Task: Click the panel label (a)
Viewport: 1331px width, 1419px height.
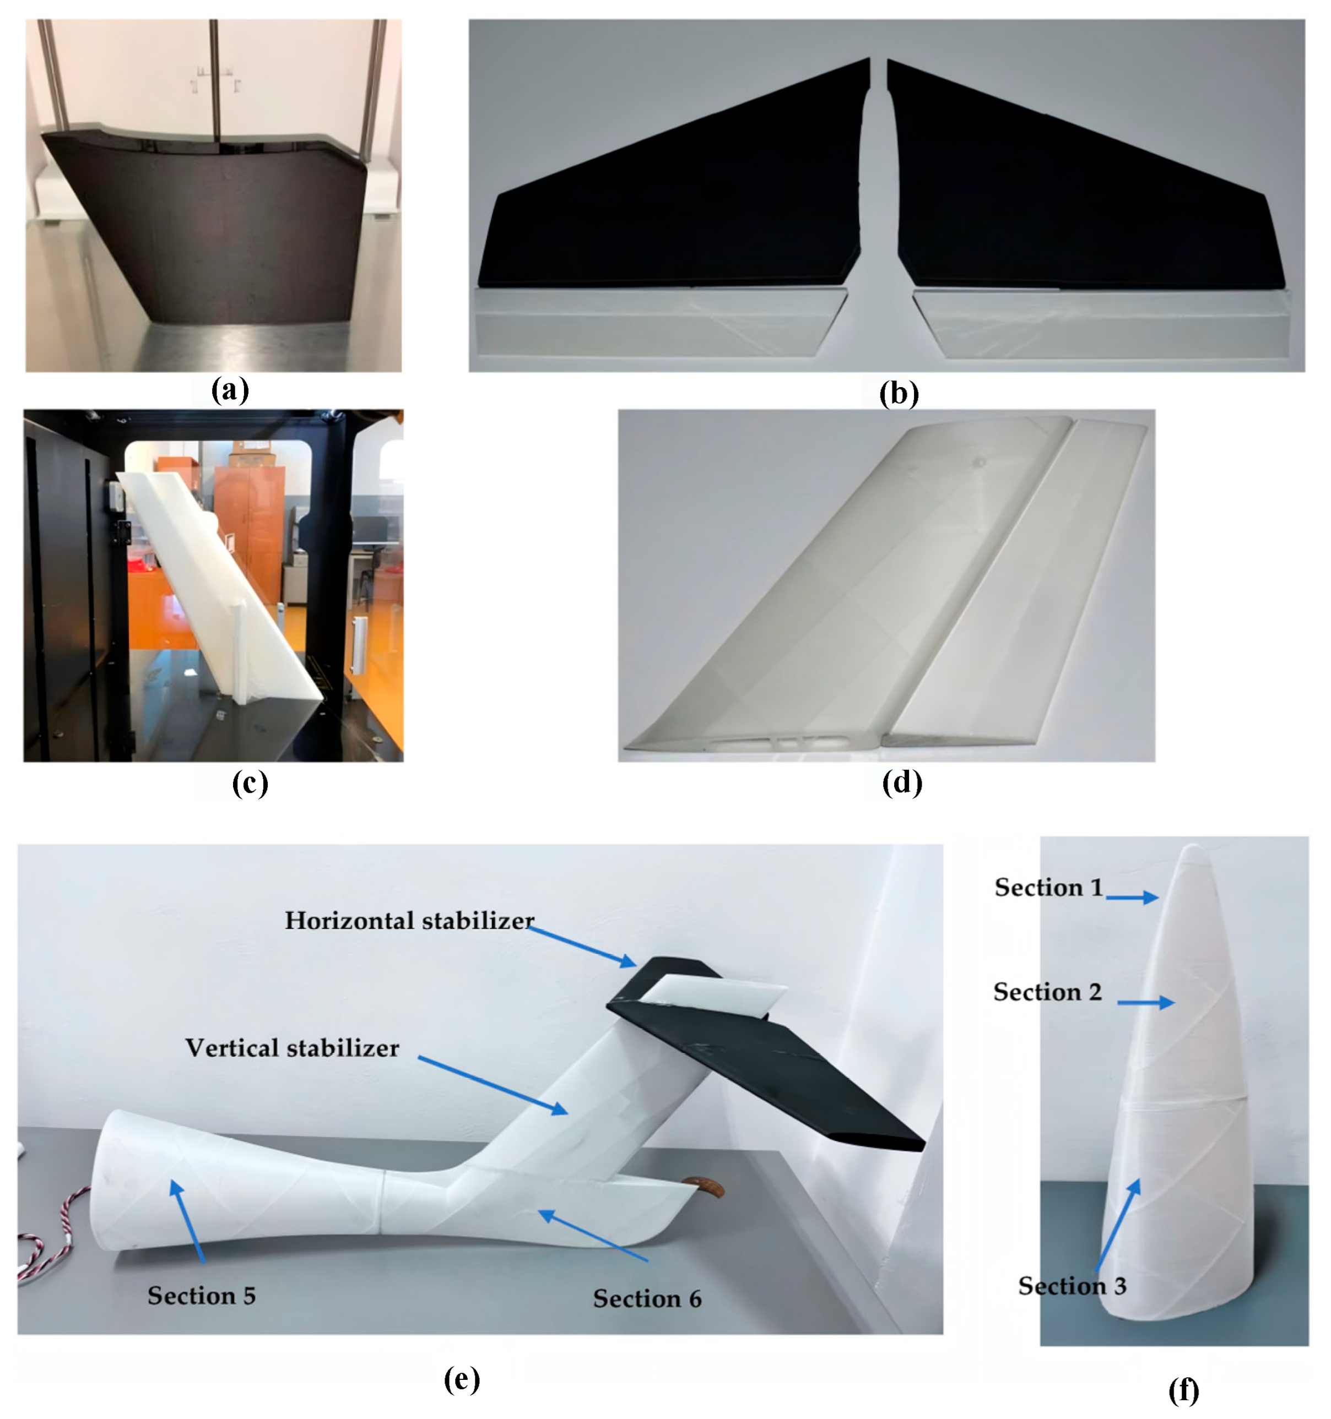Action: point(230,390)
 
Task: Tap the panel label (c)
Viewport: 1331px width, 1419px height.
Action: point(250,782)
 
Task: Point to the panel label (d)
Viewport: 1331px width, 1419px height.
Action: point(902,782)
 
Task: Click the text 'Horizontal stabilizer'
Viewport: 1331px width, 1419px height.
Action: point(410,921)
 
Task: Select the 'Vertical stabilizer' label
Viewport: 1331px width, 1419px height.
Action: point(292,1048)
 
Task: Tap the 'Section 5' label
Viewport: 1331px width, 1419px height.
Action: point(202,1296)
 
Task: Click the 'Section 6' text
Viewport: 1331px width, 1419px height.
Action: point(647,1298)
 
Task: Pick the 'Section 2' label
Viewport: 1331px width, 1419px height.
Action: point(1047,992)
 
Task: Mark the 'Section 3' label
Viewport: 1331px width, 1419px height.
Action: point(1072,1286)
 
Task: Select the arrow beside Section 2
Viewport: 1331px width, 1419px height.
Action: point(1146,1003)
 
